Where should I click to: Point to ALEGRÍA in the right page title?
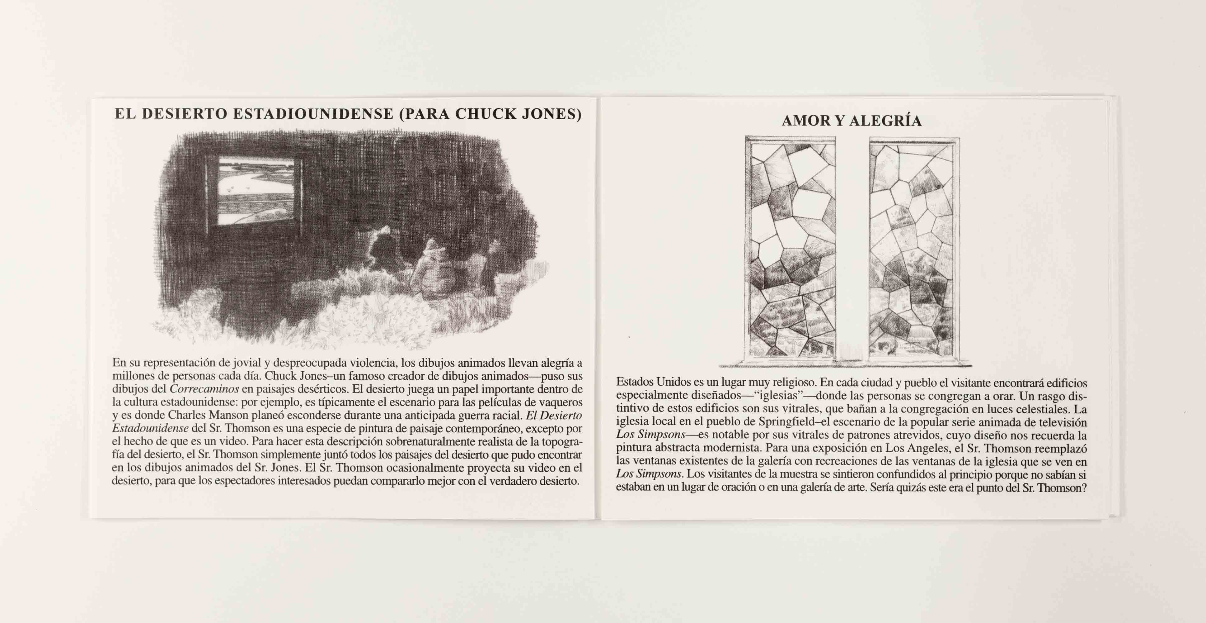pyautogui.click(x=885, y=121)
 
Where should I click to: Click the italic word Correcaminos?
pyautogui.click(x=204, y=389)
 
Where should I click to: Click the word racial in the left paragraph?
pyautogui.click(x=507, y=416)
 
